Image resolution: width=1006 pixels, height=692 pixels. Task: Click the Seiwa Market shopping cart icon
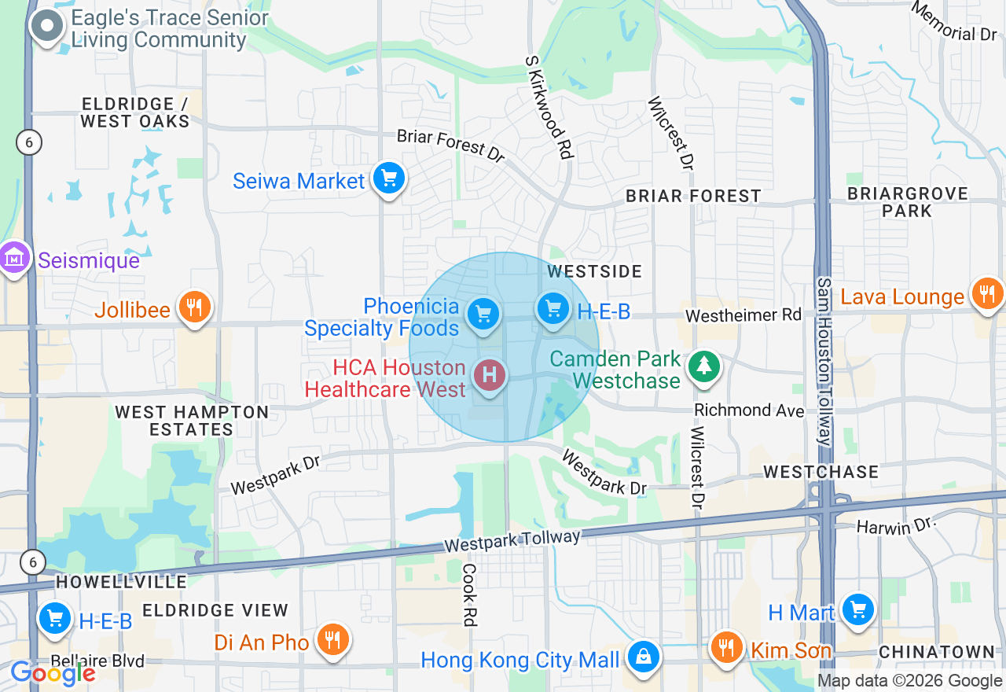(x=388, y=179)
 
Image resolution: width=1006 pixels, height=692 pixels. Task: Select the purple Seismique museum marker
(x=14, y=257)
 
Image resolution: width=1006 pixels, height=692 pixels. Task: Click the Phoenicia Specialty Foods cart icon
(x=483, y=314)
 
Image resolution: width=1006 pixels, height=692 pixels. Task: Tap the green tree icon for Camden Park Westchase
(x=704, y=366)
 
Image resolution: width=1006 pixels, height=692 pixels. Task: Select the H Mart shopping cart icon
(x=857, y=609)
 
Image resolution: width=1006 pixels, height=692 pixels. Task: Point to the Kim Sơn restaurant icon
(x=727, y=647)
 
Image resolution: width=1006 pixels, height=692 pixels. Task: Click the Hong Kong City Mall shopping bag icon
(x=643, y=656)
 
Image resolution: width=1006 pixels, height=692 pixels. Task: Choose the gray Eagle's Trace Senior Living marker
(x=47, y=26)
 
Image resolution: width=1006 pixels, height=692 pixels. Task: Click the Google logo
(x=53, y=673)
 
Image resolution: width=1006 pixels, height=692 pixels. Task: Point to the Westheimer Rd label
(x=743, y=315)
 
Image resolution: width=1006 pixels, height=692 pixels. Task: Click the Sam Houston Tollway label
(x=824, y=362)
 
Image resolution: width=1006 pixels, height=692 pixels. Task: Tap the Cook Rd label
(x=470, y=594)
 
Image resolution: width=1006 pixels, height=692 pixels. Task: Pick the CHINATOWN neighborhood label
(x=937, y=652)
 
